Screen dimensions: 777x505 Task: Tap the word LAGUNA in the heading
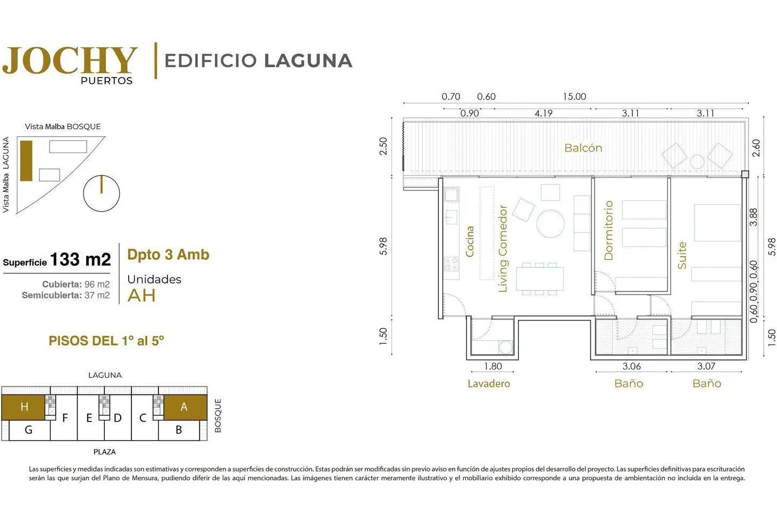coord(308,61)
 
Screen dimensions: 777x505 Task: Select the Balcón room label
coord(583,148)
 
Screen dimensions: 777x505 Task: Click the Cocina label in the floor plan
coord(470,241)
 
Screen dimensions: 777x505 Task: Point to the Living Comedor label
coord(503,249)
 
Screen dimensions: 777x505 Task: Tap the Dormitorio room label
coord(608,230)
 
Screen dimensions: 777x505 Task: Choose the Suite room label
coord(682,255)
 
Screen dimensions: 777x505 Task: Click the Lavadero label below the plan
coord(489,383)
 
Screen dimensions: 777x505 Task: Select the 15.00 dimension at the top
coord(574,96)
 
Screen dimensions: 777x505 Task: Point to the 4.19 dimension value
coord(544,113)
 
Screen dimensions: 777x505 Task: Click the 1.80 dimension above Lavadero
coord(493,366)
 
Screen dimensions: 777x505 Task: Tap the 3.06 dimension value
coord(632,366)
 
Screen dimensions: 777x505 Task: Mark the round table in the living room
coord(550,224)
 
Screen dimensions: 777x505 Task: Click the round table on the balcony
coord(697,162)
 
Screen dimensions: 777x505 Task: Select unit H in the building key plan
coord(23,407)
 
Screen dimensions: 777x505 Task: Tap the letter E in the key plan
coord(89,418)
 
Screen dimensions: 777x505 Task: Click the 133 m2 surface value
coord(80,259)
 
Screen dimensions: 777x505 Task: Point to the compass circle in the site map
coord(101,193)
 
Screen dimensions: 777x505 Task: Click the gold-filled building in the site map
coord(26,161)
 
